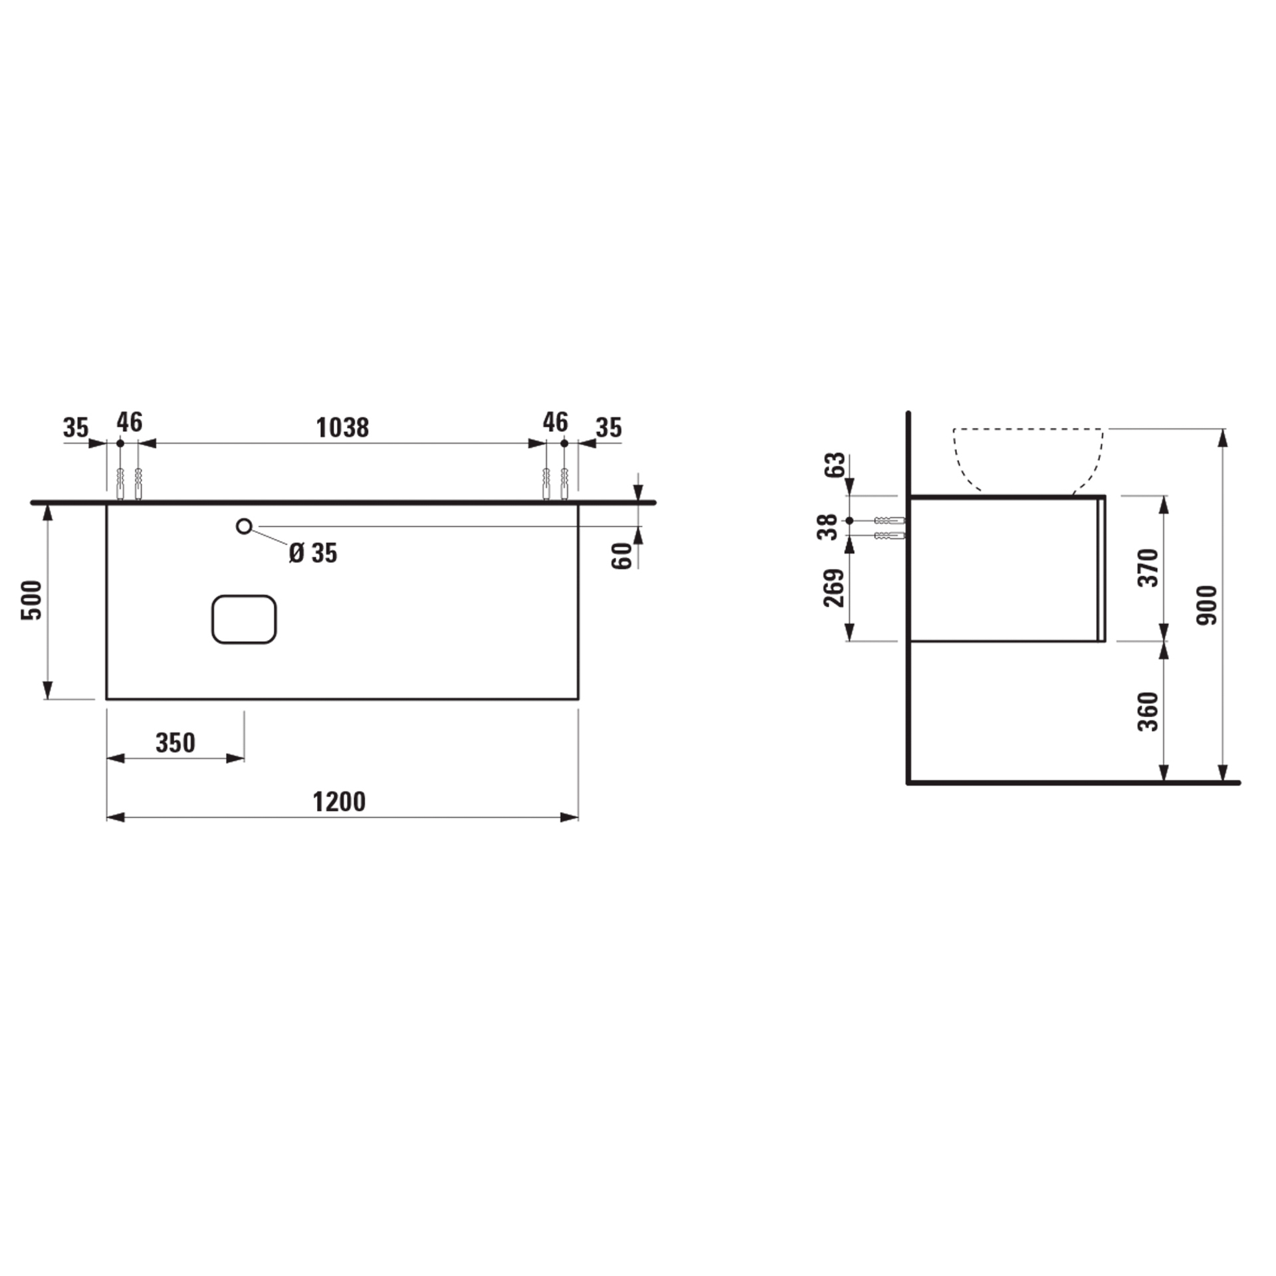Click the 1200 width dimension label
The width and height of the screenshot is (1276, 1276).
pos(339,802)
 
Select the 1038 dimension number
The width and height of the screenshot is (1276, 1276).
pos(342,428)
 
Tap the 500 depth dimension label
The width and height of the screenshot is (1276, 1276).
pos(32,600)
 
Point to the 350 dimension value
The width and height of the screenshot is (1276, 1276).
pos(175,743)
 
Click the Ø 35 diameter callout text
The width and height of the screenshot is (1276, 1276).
pos(313,553)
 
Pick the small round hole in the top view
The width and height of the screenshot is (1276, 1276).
pos(244,526)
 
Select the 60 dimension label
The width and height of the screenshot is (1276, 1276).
pos(622,556)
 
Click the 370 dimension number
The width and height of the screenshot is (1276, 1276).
pos(1148,568)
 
